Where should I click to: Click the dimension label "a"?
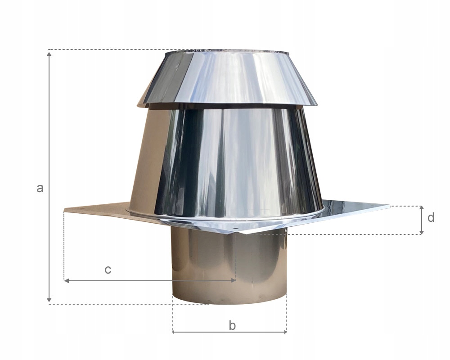[x=40, y=189]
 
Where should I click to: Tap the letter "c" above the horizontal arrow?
[x=108, y=270]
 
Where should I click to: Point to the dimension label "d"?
[x=431, y=217]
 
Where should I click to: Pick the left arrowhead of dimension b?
[x=175, y=332]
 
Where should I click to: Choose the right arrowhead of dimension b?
[x=284, y=332]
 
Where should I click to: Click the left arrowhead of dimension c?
[x=66, y=280]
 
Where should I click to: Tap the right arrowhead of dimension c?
[x=233, y=280]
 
